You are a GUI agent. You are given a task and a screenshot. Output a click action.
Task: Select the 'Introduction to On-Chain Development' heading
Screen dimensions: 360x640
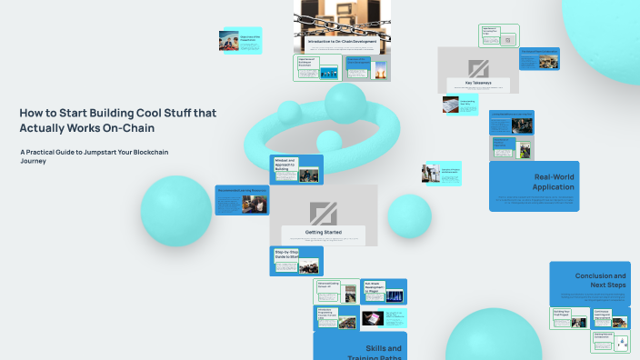(x=341, y=43)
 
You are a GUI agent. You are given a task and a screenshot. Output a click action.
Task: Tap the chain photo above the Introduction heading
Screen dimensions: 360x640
(x=341, y=18)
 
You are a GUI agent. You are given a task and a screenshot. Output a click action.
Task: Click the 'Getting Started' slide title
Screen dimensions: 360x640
(x=323, y=233)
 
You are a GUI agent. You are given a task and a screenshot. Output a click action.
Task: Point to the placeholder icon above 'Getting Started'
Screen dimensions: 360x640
(x=323, y=213)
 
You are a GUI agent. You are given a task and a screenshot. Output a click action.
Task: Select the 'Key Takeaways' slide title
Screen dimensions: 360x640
(x=478, y=84)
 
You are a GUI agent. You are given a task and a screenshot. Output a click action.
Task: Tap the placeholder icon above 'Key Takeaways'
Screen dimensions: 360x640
(x=478, y=67)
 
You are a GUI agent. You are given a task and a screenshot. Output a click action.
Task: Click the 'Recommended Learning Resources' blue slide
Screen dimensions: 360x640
(x=242, y=200)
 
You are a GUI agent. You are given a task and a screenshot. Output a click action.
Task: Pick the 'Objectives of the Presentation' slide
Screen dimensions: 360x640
(x=240, y=41)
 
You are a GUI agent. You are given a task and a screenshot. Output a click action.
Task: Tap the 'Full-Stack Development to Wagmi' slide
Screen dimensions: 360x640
(x=384, y=292)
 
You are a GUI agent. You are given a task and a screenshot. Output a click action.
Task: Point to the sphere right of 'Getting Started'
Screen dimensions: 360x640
(x=409, y=215)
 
